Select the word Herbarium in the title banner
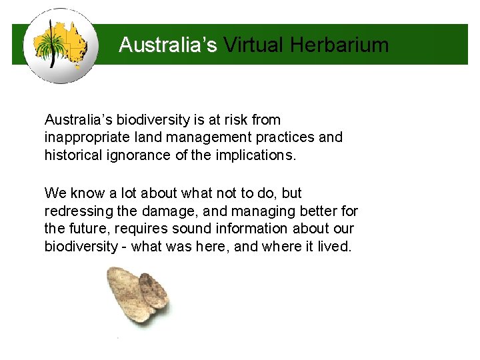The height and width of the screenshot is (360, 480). tap(340, 45)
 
